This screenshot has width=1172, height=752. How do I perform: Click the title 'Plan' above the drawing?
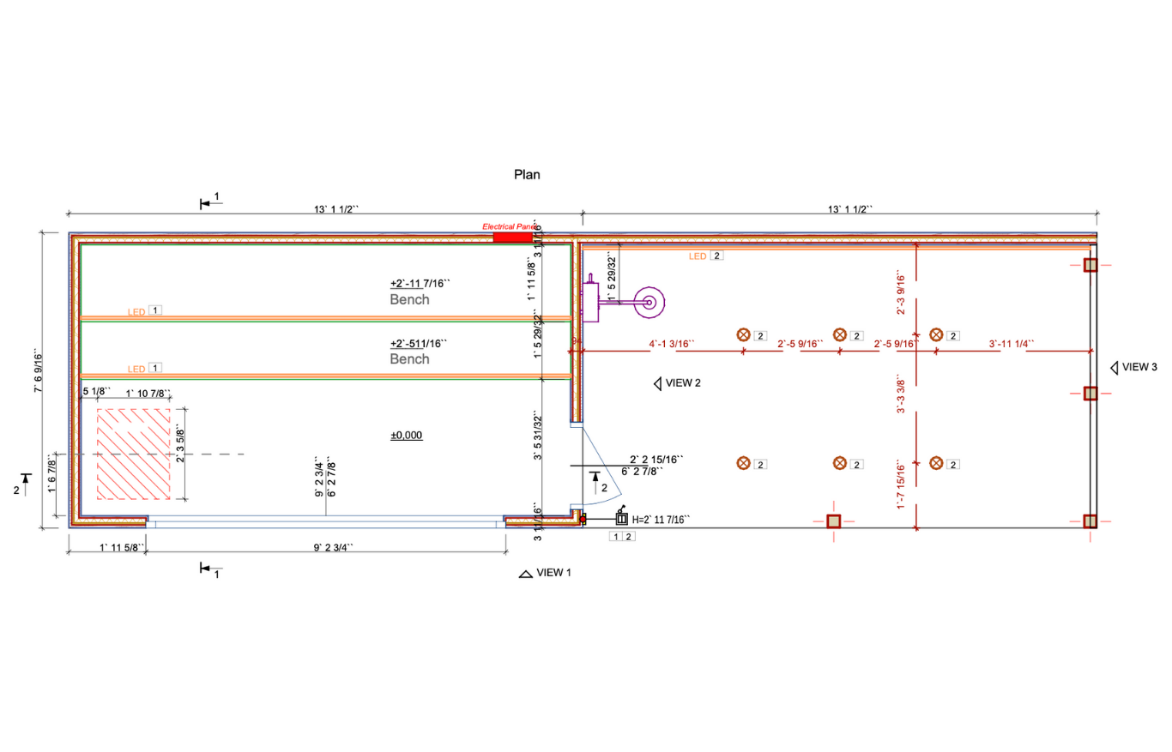click(x=527, y=175)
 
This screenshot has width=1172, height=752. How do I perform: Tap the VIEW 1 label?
click(x=553, y=573)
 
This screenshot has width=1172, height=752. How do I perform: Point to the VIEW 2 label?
click(x=684, y=383)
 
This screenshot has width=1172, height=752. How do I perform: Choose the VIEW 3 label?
click(x=1140, y=367)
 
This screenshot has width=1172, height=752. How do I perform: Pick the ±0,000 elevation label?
click(x=407, y=436)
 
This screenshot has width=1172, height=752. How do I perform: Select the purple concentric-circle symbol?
click(x=649, y=302)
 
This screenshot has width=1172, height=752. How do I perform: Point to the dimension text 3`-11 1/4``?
click(x=1011, y=345)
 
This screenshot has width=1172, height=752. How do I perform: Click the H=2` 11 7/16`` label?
click(x=662, y=520)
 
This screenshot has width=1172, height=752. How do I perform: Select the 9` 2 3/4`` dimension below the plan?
click(x=325, y=547)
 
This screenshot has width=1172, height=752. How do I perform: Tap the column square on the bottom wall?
click(x=833, y=521)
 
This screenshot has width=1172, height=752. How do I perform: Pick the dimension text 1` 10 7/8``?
click(x=148, y=394)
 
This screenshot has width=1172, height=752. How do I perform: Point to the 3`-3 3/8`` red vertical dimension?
click(x=901, y=394)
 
